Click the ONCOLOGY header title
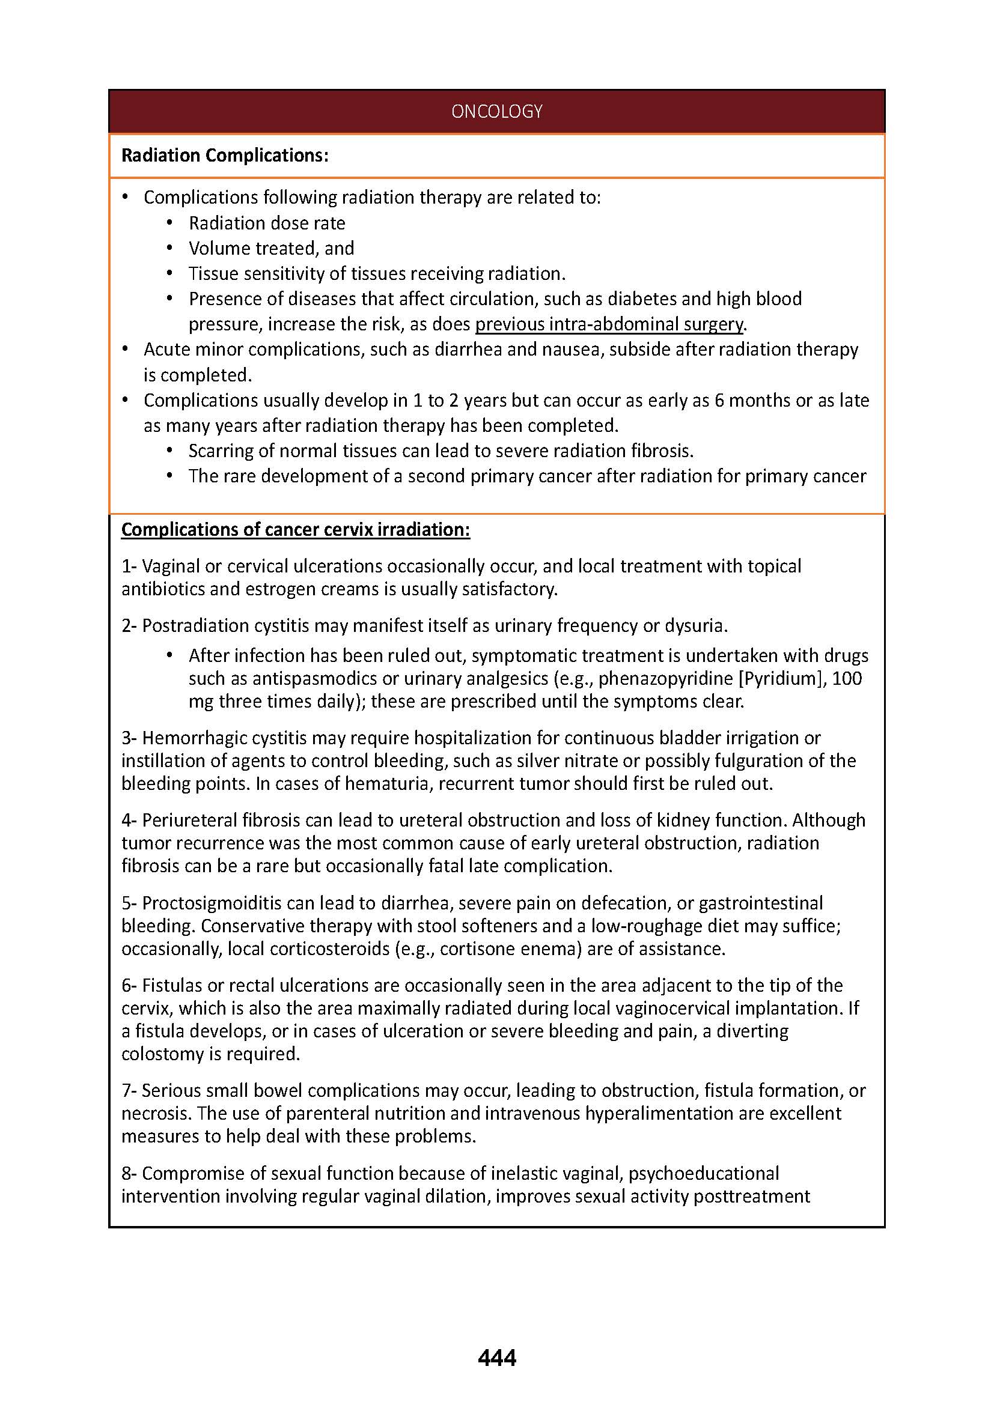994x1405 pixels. click(x=496, y=111)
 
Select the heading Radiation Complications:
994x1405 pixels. click(x=225, y=156)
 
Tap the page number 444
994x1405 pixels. click(x=496, y=1358)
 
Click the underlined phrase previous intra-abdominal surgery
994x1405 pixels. click(x=609, y=324)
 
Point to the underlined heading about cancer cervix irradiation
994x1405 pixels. click(x=296, y=529)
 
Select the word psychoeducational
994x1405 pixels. click(x=704, y=1173)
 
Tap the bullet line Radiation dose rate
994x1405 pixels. click(x=267, y=223)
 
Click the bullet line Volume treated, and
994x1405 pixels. click(x=271, y=248)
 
